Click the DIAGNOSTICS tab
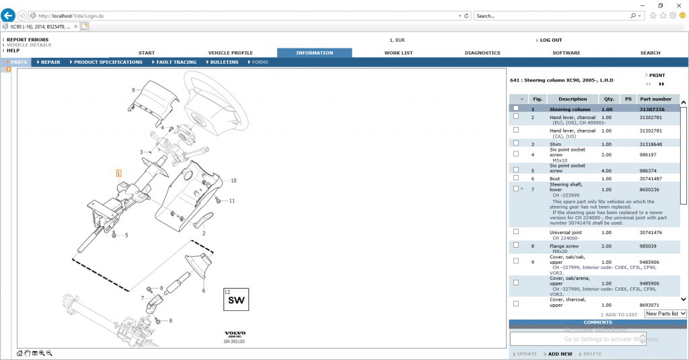pos(482,52)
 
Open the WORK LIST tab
pos(398,52)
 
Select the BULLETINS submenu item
pos(224,62)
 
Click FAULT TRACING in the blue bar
pos(176,62)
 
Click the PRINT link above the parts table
pos(657,75)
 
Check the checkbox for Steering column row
pos(516,108)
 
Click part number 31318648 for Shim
pos(651,144)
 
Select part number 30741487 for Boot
pos(651,178)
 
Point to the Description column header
pos(573,99)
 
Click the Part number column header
pos(655,99)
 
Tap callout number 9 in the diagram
pos(133,89)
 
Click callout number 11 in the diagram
pos(231,201)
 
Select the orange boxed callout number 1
pos(118,173)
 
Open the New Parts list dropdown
pos(665,314)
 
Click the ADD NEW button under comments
pos(560,354)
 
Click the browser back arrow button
pos(9,15)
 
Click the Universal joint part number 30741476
pos(651,232)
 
